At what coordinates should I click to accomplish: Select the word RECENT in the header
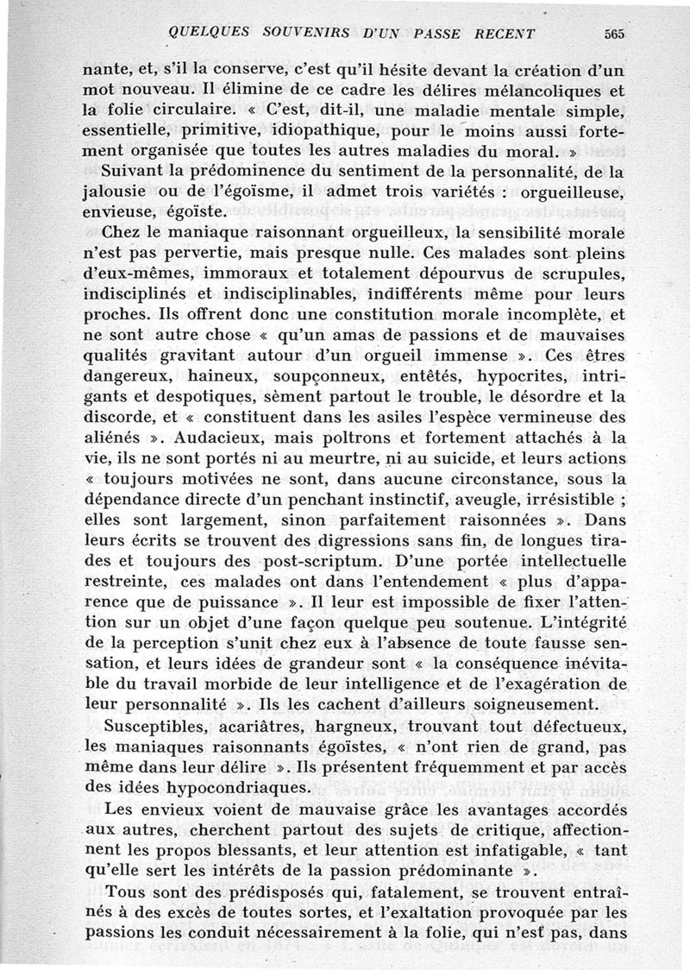coord(505,34)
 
